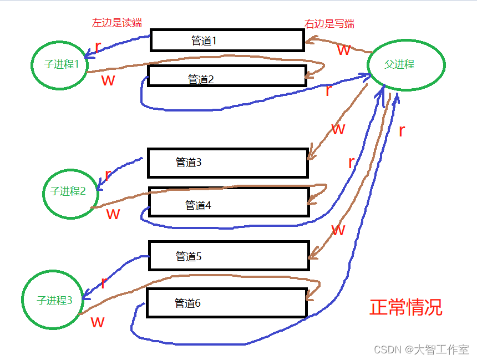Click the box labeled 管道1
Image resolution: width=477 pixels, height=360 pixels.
coord(227,40)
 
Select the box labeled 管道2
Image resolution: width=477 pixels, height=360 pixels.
coord(227,76)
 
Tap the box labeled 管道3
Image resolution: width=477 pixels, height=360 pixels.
coord(227,163)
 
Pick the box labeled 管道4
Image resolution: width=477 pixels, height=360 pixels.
coord(229,202)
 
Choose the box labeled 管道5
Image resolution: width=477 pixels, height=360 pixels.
coord(229,256)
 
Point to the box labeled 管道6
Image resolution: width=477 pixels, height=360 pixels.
coord(226,303)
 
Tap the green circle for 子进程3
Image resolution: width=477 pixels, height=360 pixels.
coord(54,301)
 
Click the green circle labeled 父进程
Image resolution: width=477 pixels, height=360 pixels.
coord(406,64)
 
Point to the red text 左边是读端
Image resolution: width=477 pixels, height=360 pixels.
coord(117,23)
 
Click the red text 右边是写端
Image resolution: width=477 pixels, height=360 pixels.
coord(329,24)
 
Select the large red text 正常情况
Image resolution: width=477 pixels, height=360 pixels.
coord(406,307)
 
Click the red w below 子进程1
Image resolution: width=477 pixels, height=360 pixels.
coord(108,80)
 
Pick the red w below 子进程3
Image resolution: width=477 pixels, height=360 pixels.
coord(98,322)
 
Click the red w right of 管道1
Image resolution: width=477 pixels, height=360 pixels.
coord(344,50)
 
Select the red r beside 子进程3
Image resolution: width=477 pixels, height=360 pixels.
coord(103,282)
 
